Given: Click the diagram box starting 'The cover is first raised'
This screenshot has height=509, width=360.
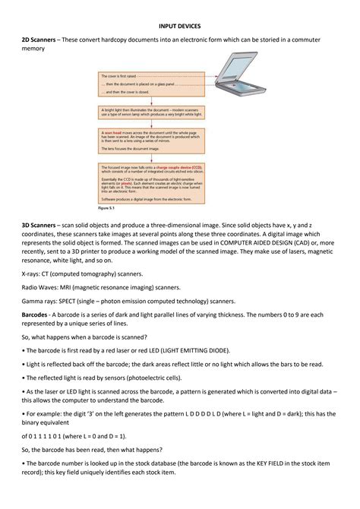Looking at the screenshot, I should [150, 86].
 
